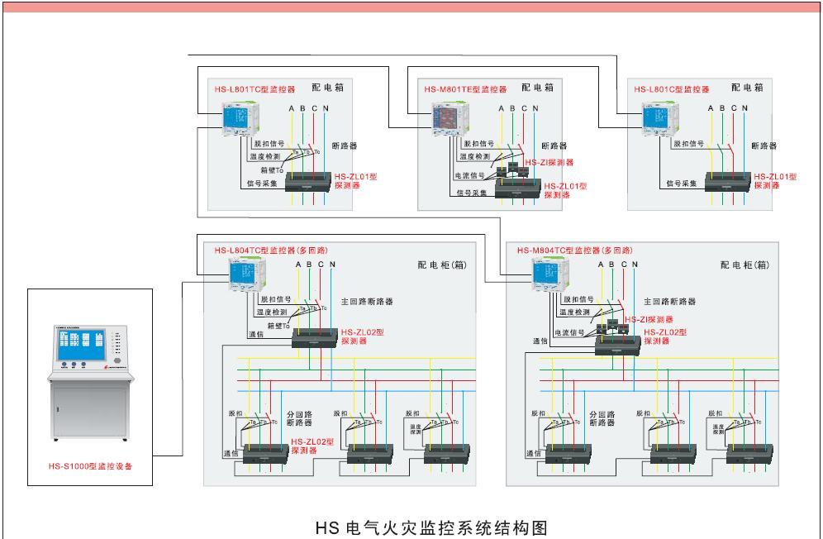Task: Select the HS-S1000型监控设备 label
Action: click(x=91, y=465)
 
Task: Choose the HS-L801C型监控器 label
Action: click(x=672, y=88)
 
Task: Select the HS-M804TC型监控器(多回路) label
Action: click(x=574, y=250)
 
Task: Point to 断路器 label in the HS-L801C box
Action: click(x=764, y=145)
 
